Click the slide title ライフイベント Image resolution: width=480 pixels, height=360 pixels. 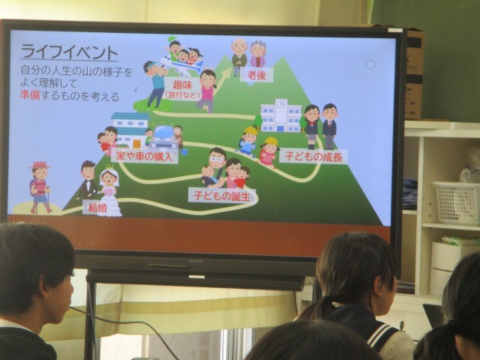coord(69,52)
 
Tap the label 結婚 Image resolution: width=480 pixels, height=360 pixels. coord(97,208)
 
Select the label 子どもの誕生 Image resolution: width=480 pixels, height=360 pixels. coord(222,196)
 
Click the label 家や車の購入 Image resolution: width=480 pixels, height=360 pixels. coord(145,157)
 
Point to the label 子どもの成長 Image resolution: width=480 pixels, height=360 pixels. coord(313,157)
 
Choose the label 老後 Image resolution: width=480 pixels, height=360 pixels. coord(256,75)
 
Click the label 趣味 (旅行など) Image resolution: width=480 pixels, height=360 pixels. coord(182,89)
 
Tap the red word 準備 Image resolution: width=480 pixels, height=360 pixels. coord(30,95)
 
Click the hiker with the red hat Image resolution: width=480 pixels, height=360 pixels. coord(40,187)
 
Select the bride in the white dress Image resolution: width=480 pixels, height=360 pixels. coord(109,192)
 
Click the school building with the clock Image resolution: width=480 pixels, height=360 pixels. coord(281,115)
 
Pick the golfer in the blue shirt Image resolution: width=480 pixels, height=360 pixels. coord(155,83)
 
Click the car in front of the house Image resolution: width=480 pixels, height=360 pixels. coord(164,137)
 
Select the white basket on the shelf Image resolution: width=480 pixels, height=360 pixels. coord(456,202)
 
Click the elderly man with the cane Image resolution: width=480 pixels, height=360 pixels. coord(239,57)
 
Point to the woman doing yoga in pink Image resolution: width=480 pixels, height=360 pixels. coord(207,90)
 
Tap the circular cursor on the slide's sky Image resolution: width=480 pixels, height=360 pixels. coord(370,64)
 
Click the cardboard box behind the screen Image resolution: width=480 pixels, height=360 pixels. coord(415,73)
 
